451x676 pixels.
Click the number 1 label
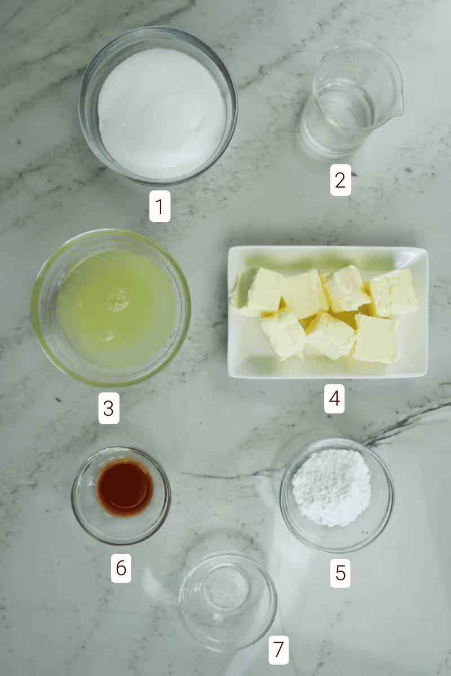point(160,206)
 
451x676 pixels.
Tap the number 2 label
point(341,180)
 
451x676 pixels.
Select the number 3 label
point(109,408)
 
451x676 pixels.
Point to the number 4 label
point(334,399)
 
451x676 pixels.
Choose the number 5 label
point(340,573)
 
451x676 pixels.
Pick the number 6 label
point(121,568)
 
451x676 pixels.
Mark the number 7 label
point(278,650)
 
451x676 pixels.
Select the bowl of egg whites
point(111,308)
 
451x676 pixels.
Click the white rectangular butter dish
point(328,312)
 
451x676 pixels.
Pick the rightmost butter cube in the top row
point(393,293)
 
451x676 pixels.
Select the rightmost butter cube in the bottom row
point(376,338)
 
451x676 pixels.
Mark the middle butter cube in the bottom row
point(331,336)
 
